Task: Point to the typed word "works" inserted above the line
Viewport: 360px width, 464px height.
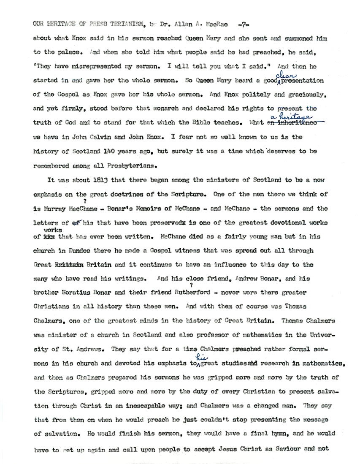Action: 50,230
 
